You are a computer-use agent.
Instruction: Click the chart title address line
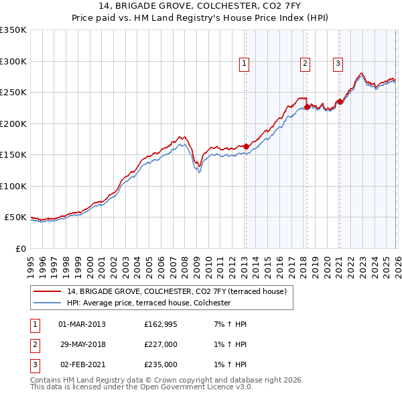(x=201, y=7)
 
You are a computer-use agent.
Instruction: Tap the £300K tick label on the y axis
(x=13, y=61)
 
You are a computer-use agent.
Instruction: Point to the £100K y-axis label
(x=13, y=186)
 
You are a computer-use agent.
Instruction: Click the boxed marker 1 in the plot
(x=244, y=64)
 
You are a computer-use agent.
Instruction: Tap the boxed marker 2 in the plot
(x=305, y=64)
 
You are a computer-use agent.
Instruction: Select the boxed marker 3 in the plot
(x=338, y=64)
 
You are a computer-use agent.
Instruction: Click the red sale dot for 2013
(x=246, y=146)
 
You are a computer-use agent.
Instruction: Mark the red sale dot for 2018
(x=307, y=107)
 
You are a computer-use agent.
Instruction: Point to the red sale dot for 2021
(x=340, y=101)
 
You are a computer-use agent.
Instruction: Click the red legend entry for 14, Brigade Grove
(x=177, y=291)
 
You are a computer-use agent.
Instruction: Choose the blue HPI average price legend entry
(x=149, y=303)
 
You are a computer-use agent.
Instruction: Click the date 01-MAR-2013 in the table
(x=82, y=324)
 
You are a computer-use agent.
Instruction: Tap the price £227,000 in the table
(x=161, y=344)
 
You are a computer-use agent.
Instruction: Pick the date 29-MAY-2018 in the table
(x=82, y=344)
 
